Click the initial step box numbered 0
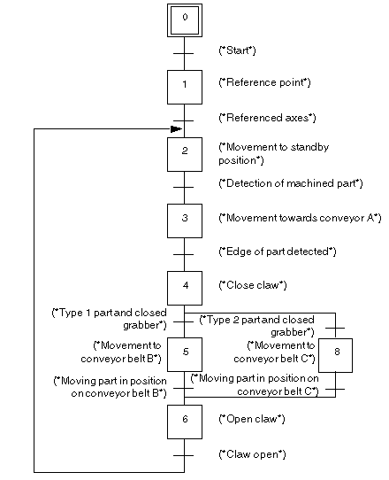[x=185, y=20]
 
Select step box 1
[x=185, y=87]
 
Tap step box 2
[x=185, y=154]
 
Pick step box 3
[x=185, y=221]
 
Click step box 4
[x=185, y=288]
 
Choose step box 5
[x=185, y=354]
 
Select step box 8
[x=336, y=355]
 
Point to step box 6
[x=185, y=422]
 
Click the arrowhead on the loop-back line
[x=176, y=129]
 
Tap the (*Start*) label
[x=238, y=50]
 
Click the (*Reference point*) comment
[x=264, y=82]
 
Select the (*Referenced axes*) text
[x=267, y=118]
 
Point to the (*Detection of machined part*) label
[x=291, y=183]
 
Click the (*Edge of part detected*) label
[x=278, y=252]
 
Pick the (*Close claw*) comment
[x=253, y=285]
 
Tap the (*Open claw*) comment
[x=252, y=419]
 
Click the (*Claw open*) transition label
[x=252, y=454]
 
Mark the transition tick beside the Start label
[x=183, y=53]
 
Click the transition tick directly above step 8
[x=335, y=328]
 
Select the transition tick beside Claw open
[x=183, y=455]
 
